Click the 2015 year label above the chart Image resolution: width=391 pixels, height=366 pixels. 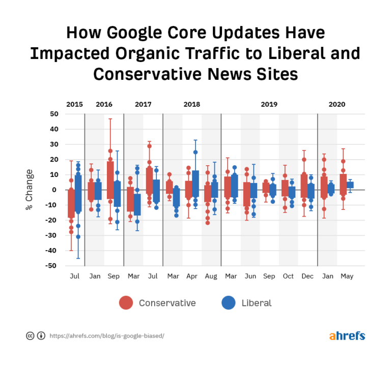pyautogui.click(x=74, y=104)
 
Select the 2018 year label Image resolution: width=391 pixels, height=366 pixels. pyautogui.click(x=191, y=104)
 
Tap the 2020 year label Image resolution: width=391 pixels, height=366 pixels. pyautogui.click(x=337, y=104)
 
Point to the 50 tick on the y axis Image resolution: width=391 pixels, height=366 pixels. pyautogui.click(x=54, y=114)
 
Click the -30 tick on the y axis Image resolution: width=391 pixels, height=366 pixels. pyautogui.click(x=53, y=235)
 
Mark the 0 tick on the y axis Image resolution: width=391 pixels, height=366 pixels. pyautogui.click(x=55, y=190)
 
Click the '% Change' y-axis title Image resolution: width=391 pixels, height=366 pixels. pyautogui.click(x=29, y=190)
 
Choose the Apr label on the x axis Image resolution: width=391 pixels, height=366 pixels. pyautogui.click(x=191, y=277)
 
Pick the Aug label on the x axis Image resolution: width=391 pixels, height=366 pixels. pyautogui.click(x=211, y=277)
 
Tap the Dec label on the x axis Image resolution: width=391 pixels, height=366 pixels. pyautogui.click(x=308, y=277)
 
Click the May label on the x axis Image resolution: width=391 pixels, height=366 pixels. pyautogui.click(x=347, y=277)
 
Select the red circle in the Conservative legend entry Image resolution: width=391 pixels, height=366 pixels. pyautogui.click(x=126, y=303)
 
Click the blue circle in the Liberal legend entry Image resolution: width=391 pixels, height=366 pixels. pyautogui.click(x=229, y=303)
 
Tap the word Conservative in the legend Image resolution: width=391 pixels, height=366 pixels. pyautogui.click(x=167, y=303)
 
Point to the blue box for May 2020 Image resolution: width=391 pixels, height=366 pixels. pyautogui.click(x=350, y=185)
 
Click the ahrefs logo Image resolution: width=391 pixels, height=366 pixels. pyautogui.click(x=347, y=336)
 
